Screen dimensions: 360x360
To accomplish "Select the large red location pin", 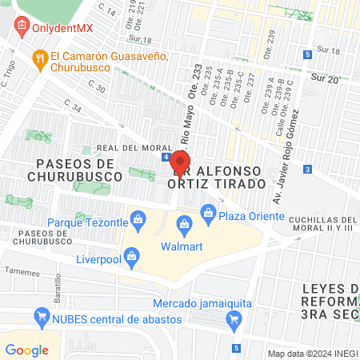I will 178,163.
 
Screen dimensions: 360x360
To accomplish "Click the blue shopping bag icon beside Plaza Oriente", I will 209,212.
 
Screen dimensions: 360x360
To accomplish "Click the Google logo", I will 26,350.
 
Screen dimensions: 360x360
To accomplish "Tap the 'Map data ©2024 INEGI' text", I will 311,354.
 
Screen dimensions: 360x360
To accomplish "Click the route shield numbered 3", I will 308,169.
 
